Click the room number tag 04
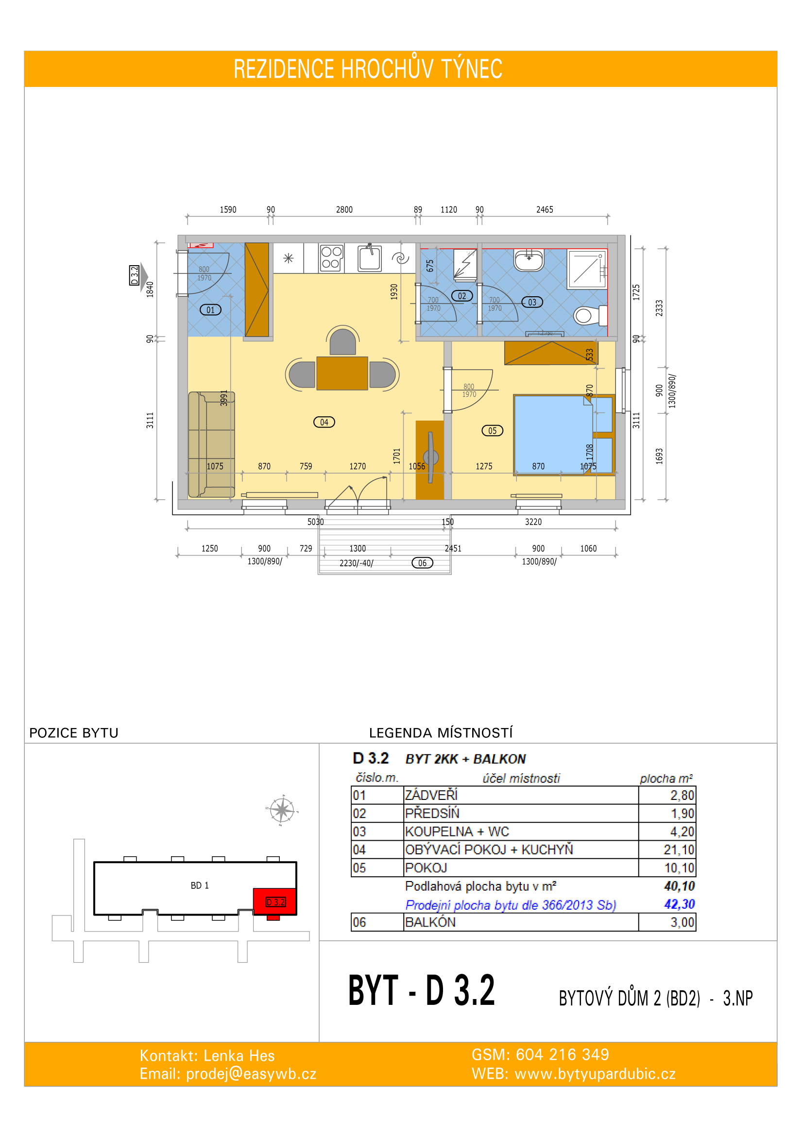[324, 422]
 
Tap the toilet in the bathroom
[590, 315]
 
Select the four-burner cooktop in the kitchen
[331, 258]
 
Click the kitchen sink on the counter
[370, 257]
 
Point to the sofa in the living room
[211, 444]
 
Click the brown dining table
[342, 373]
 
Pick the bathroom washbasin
[529, 260]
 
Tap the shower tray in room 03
[587, 269]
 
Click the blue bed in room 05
[554, 434]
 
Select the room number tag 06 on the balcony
[422, 562]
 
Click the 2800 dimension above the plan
[344, 210]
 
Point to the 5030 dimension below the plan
[316, 522]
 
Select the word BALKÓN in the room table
[430, 922]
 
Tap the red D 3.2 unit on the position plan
[275, 901]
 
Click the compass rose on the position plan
[282, 811]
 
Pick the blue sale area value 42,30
[679, 904]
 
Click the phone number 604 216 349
[563, 1054]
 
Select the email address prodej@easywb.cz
[251, 1074]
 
